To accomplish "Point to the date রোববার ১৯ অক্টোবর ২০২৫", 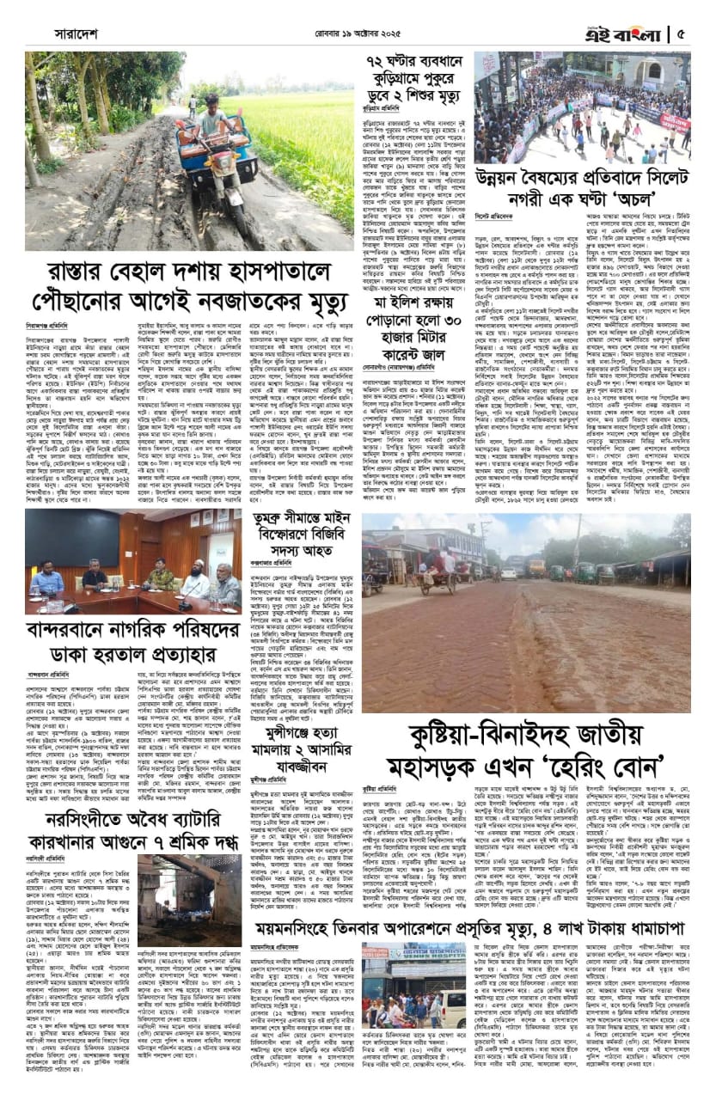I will pyautogui.click(x=357, y=35).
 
